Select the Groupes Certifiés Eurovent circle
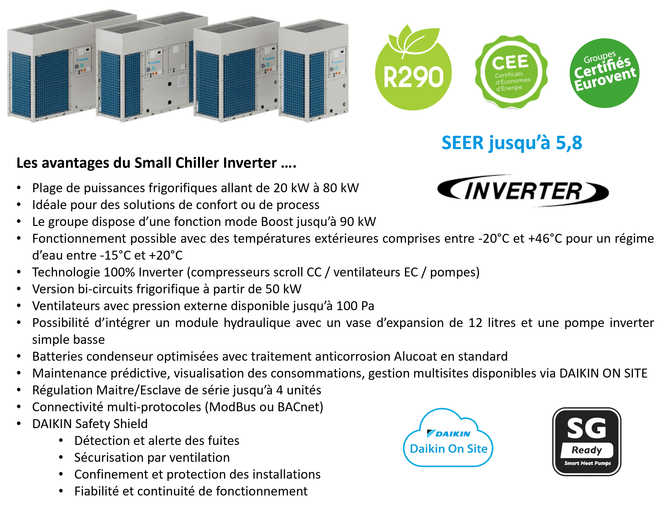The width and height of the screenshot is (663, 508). point(604,73)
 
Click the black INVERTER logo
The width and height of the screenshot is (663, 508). point(523,191)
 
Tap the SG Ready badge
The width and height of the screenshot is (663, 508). point(586,441)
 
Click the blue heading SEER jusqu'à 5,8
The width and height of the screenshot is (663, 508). point(512,142)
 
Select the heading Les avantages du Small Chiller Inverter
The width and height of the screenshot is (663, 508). point(156,163)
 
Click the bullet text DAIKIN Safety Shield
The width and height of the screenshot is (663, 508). point(90,424)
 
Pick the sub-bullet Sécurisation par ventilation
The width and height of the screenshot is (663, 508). point(152,457)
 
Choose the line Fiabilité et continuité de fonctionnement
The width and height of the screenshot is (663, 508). point(191,491)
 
